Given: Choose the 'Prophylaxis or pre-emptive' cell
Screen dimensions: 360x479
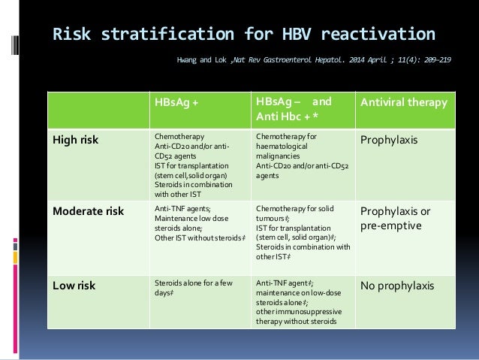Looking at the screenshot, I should tap(402, 217).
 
